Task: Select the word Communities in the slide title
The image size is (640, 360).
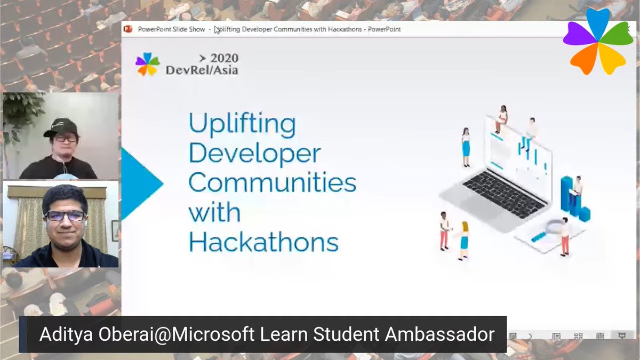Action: pos(272,183)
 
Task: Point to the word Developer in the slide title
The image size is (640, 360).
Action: pos(254,154)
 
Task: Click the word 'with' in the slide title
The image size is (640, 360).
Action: pos(214,212)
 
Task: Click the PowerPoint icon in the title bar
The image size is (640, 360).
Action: pos(128,29)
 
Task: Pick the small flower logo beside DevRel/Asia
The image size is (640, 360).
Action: pos(147,65)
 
